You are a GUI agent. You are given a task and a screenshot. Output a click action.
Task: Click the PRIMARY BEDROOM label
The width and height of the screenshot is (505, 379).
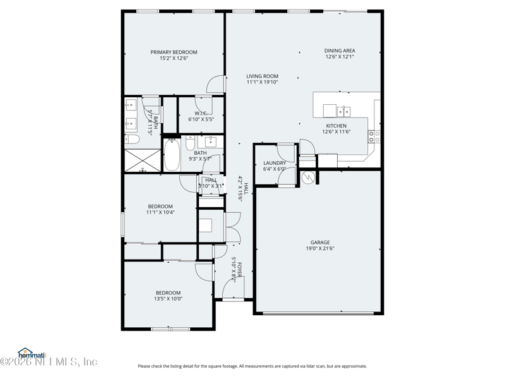click(x=174, y=52)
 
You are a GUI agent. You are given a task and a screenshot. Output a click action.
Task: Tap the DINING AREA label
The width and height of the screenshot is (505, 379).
click(x=340, y=51)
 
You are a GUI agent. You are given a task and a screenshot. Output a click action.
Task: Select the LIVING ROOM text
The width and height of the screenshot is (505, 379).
click(x=262, y=76)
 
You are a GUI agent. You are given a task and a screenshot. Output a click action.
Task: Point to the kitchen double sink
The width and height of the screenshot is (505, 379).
click(x=344, y=112)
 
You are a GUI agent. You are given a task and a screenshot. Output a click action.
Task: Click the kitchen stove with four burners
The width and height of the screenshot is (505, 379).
click(x=374, y=136)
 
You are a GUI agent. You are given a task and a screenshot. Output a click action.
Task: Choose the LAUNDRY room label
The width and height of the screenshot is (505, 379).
click(x=275, y=163)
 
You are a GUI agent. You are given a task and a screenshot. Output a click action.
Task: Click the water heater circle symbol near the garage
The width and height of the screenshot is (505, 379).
click(x=309, y=177)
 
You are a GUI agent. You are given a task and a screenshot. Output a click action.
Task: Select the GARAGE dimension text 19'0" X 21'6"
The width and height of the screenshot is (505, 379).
click(x=320, y=249)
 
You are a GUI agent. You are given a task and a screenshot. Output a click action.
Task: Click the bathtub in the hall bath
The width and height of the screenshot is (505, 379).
click(x=172, y=155)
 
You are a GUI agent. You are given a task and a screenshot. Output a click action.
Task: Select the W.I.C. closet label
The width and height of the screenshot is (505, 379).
click(x=201, y=113)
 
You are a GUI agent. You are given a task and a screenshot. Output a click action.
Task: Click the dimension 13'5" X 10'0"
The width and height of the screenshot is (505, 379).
click(x=169, y=299)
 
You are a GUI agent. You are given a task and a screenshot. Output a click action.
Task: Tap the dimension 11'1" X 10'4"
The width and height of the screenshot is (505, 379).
click(x=160, y=213)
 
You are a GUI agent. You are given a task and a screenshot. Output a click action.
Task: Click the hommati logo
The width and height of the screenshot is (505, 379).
click(x=27, y=352)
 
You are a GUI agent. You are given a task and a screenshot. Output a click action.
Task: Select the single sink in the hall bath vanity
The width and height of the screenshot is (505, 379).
click(x=211, y=140)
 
